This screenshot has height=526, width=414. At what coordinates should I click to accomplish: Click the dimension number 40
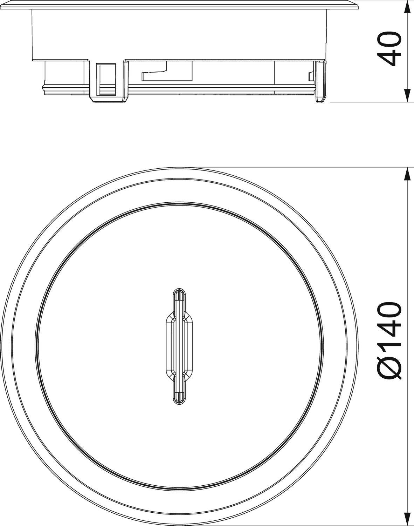390,49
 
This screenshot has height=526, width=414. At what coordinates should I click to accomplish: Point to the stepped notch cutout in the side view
154,74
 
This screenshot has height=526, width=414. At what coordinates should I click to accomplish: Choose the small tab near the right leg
310,76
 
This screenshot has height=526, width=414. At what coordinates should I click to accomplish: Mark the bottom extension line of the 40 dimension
368,102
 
